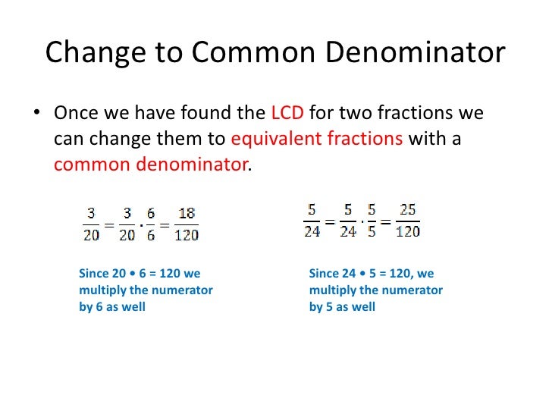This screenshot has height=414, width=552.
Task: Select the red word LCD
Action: coord(287,114)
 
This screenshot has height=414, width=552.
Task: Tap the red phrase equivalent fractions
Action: coord(316,139)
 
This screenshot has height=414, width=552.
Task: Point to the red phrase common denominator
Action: coord(151,164)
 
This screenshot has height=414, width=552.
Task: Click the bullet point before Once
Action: coord(35,114)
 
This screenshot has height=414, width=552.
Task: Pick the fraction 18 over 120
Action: coord(187,225)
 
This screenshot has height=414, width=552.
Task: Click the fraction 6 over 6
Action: coord(151,225)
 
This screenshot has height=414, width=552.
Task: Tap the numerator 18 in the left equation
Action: coord(187,215)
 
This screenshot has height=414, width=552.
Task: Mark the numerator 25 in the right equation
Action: coord(408,211)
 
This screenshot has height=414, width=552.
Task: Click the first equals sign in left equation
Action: coord(108,225)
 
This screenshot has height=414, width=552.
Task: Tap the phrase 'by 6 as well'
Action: coord(112,307)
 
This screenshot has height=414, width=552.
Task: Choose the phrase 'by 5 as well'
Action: coord(342,307)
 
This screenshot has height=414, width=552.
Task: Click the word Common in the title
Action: coord(252,53)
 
